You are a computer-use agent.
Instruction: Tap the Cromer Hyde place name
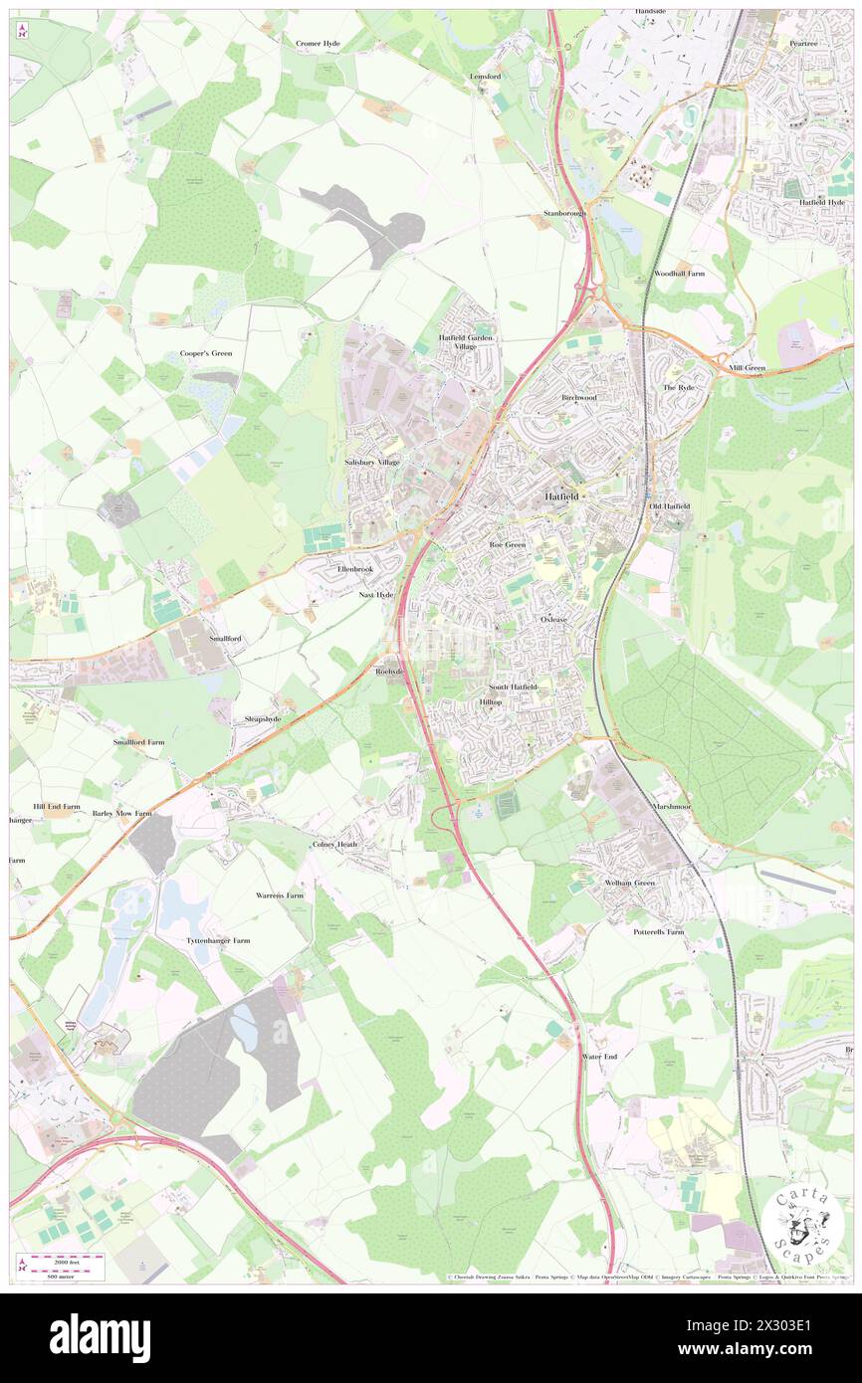click(318, 44)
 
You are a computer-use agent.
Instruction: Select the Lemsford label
click(487, 76)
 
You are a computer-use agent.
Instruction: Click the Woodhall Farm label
click(679, 273)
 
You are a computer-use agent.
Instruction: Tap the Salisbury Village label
click(372, 463)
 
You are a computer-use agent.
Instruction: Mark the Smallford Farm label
click(138, 742)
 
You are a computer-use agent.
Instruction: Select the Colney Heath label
click(333, 844)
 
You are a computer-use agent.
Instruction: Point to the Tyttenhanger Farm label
click(218, 940)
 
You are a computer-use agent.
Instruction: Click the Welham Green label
click(630, 883)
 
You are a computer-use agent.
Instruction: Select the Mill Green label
click(747, 368)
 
